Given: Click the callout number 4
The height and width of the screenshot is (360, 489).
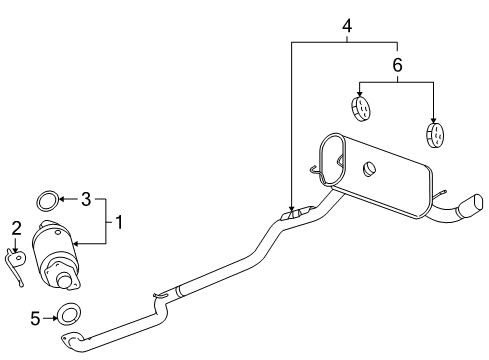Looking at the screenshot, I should pos(346,24).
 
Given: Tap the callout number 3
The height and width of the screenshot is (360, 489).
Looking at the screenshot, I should pos(85,200).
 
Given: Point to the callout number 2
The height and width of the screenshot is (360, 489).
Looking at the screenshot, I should pos(16,229).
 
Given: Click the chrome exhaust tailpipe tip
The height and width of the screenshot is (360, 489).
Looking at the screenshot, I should pos(467,209).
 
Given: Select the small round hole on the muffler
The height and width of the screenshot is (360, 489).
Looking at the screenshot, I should pos(369,168).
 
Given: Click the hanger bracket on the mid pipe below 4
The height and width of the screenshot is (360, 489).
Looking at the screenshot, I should pos(293,213).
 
